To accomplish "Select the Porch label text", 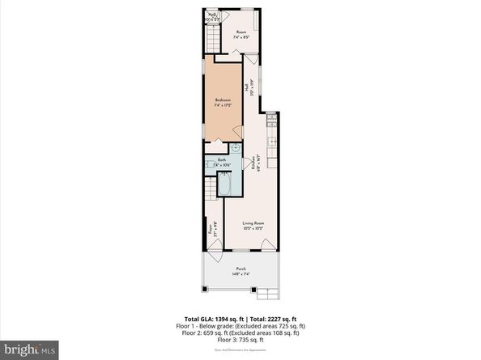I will pos(240,269).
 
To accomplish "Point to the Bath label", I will pos(220,160).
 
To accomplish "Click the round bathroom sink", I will pos(236,149).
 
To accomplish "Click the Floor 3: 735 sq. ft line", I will pos(240,338).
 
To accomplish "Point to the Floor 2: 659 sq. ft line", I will pos(240,331).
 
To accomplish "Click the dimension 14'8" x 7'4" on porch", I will pos(240,274).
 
